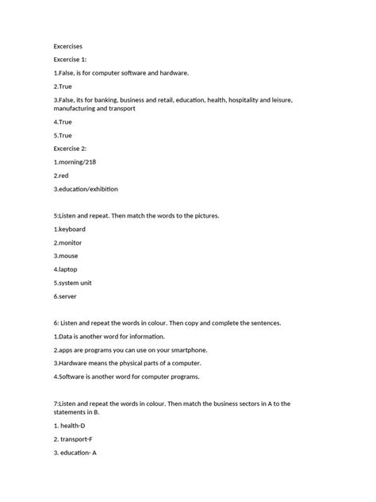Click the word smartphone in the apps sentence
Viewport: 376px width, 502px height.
coord(205,349)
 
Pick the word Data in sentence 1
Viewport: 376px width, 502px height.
coord(67,336)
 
